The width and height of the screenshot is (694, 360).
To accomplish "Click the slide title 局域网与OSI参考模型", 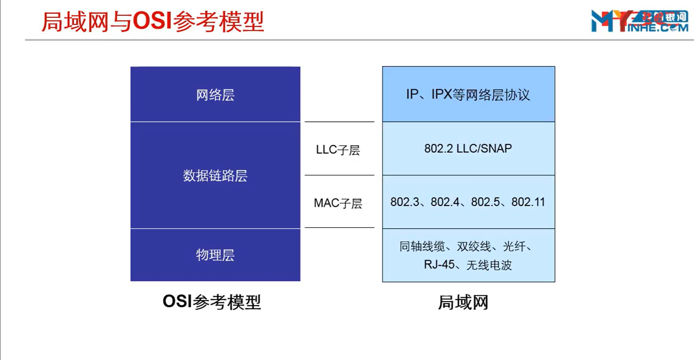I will (152, 22).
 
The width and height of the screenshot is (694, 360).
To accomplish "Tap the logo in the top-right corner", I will (639, 21).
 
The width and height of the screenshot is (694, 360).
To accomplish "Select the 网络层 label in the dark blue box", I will (215, 95).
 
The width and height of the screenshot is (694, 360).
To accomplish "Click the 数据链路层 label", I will (215, 176).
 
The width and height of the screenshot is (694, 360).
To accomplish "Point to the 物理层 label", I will (215, 255).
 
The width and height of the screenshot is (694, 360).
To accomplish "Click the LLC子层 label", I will (338, 150).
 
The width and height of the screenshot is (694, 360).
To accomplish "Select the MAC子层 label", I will (338, 203).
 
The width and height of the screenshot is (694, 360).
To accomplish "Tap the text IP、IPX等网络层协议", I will (468, 95).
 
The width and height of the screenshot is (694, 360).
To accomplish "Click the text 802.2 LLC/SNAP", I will (468, 149).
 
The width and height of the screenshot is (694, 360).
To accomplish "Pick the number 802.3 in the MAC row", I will (405, 202).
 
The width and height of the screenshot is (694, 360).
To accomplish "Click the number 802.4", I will (445, 202).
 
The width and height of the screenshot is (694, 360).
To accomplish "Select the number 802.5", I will (485, 202).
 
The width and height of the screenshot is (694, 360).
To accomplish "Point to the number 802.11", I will (528, 202).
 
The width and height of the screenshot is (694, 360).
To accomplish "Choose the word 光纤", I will (514, 247).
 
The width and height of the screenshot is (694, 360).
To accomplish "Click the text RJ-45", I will (439, 265).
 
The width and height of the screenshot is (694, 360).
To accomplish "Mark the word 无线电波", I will (489, 265).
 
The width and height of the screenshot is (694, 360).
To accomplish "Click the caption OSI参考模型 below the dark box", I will (212, 302).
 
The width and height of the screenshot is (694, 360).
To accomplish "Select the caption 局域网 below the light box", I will (463, 303).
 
